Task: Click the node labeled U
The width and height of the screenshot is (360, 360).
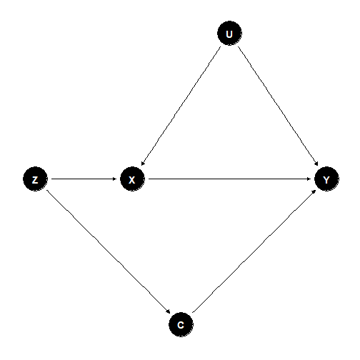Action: [x=229, y=33]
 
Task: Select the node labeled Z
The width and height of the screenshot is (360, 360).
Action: [x=35, y=179]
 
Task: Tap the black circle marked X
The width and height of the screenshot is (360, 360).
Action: [x=132, y=179]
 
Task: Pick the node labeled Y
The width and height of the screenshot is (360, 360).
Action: [x=326, y=179]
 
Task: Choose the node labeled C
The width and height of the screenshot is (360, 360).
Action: [x=181, y=324]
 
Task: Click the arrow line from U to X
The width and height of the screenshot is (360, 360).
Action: [x=181, y=106]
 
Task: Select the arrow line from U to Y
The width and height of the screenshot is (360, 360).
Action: [x=278, y=106]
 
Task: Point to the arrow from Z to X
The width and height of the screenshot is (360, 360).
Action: [x=84, y=179]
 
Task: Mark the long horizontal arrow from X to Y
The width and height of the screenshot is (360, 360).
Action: [x=229, y=179]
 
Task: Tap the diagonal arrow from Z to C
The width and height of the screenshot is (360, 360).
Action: [x=109, y=252]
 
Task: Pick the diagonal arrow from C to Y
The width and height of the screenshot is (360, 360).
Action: [x=254, y=251]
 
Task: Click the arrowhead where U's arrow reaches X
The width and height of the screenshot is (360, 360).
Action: [x=143, y=164]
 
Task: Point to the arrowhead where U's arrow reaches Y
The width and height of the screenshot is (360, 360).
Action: [x=316, y=164]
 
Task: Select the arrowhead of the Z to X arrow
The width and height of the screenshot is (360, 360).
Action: [x=115, y=179]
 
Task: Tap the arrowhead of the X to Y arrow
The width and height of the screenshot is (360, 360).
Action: [x=309, y=179]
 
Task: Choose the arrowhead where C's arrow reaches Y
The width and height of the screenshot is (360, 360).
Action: [x=314, y=191]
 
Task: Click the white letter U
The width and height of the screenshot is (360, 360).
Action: [x=229, y=34]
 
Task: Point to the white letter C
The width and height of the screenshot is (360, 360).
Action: [x=181, y=325]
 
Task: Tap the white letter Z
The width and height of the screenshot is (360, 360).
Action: [x=35, y=180]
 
